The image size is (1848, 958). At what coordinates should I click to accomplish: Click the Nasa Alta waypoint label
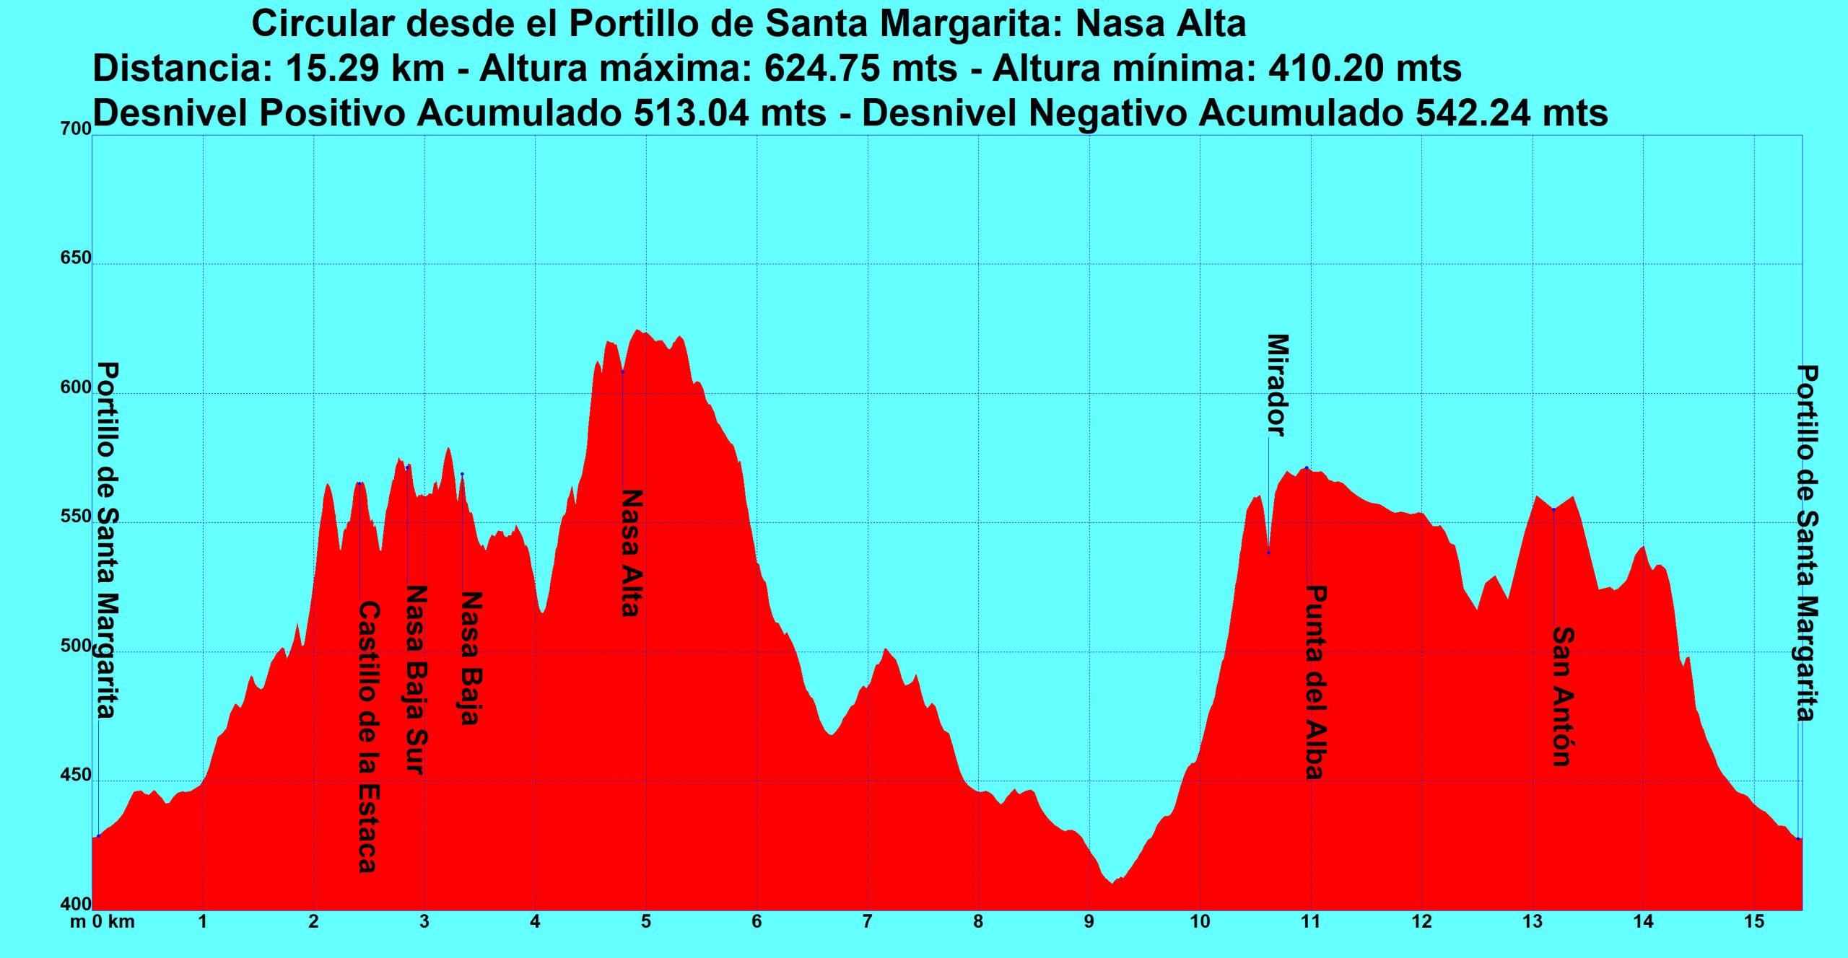631,553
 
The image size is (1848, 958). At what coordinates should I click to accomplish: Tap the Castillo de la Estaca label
368,737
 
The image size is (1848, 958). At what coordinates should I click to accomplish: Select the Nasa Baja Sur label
416,679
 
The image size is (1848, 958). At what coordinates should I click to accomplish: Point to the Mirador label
1277,385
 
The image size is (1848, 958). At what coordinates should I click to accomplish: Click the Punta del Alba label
1315,682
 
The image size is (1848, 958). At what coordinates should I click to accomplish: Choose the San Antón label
1562,696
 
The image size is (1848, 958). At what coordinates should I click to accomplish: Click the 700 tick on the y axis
77,130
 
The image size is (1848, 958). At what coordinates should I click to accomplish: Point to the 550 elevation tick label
77,517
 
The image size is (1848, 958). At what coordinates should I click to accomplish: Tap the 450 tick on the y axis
77,776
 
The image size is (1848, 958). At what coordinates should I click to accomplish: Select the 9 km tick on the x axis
1089,922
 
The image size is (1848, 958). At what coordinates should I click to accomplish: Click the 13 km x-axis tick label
1532,922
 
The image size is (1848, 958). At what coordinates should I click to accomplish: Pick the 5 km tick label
646,922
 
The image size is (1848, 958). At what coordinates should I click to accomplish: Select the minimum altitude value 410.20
1326,69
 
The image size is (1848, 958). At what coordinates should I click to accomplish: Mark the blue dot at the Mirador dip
1268,553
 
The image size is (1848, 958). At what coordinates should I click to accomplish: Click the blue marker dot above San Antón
1553,509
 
